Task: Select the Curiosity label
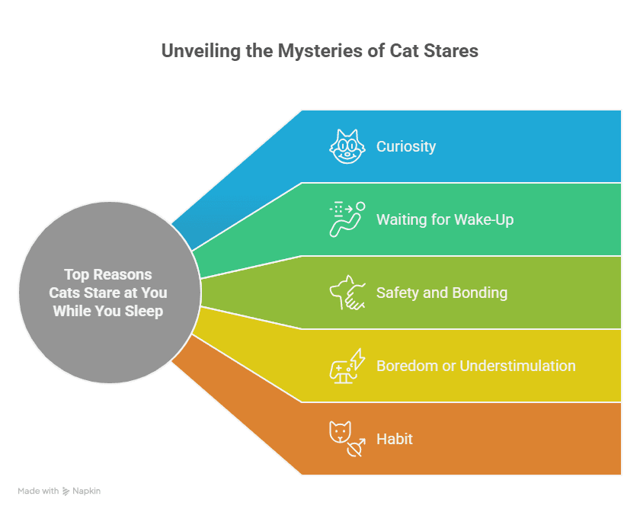click(x=406, y=146)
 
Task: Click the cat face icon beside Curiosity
click(x=347, y=146)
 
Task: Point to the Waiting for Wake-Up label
click(x=445, y=219)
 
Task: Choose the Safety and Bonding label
click(x=442, y=293)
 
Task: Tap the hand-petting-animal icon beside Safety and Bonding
click(x=347, y=293)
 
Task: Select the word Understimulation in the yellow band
click(x=517, y=366)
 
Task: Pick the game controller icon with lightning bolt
click(x=347, y=366)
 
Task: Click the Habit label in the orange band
click(x=395, y=439)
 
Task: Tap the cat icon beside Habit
click(x=347, y=439)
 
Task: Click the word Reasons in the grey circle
click(x=123, y=275)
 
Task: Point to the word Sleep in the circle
click(x=144, y=312)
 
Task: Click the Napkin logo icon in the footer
click(x=66, y=491)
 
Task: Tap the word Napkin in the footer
click(x=86, y=491)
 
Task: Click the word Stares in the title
click(x=450, y=52)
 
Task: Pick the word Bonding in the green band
click(x=479, y=293)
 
